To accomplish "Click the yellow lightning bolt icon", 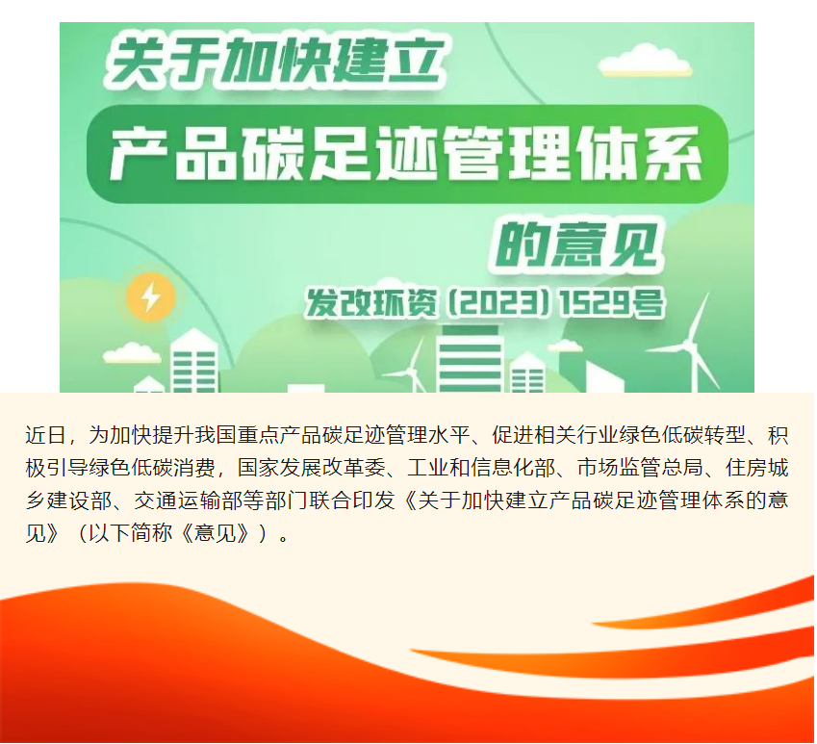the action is (150, 297).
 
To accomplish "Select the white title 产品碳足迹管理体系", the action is (406, 154).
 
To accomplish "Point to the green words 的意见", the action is (575, 244).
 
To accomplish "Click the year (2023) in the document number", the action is (498, 303).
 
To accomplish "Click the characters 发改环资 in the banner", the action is (371, 303).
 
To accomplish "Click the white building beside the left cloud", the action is (193, 361).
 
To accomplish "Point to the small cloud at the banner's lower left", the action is (132, 352).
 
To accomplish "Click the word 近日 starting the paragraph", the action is (46, 435).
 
